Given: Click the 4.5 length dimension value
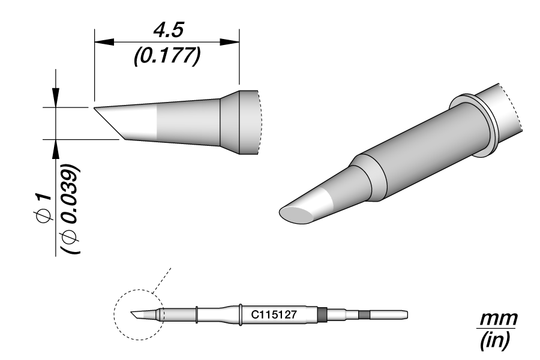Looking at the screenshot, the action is [169, 31].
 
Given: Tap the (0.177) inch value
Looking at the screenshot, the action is [167, 56].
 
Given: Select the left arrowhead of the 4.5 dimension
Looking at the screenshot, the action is [104, 42].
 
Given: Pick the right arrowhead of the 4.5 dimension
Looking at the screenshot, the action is [230, 42].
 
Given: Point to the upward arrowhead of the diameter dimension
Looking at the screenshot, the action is [55, 149].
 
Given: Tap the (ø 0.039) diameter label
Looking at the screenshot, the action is [70, 209].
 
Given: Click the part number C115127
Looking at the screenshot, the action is [274, 314].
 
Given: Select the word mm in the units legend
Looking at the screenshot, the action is [499, 319].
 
